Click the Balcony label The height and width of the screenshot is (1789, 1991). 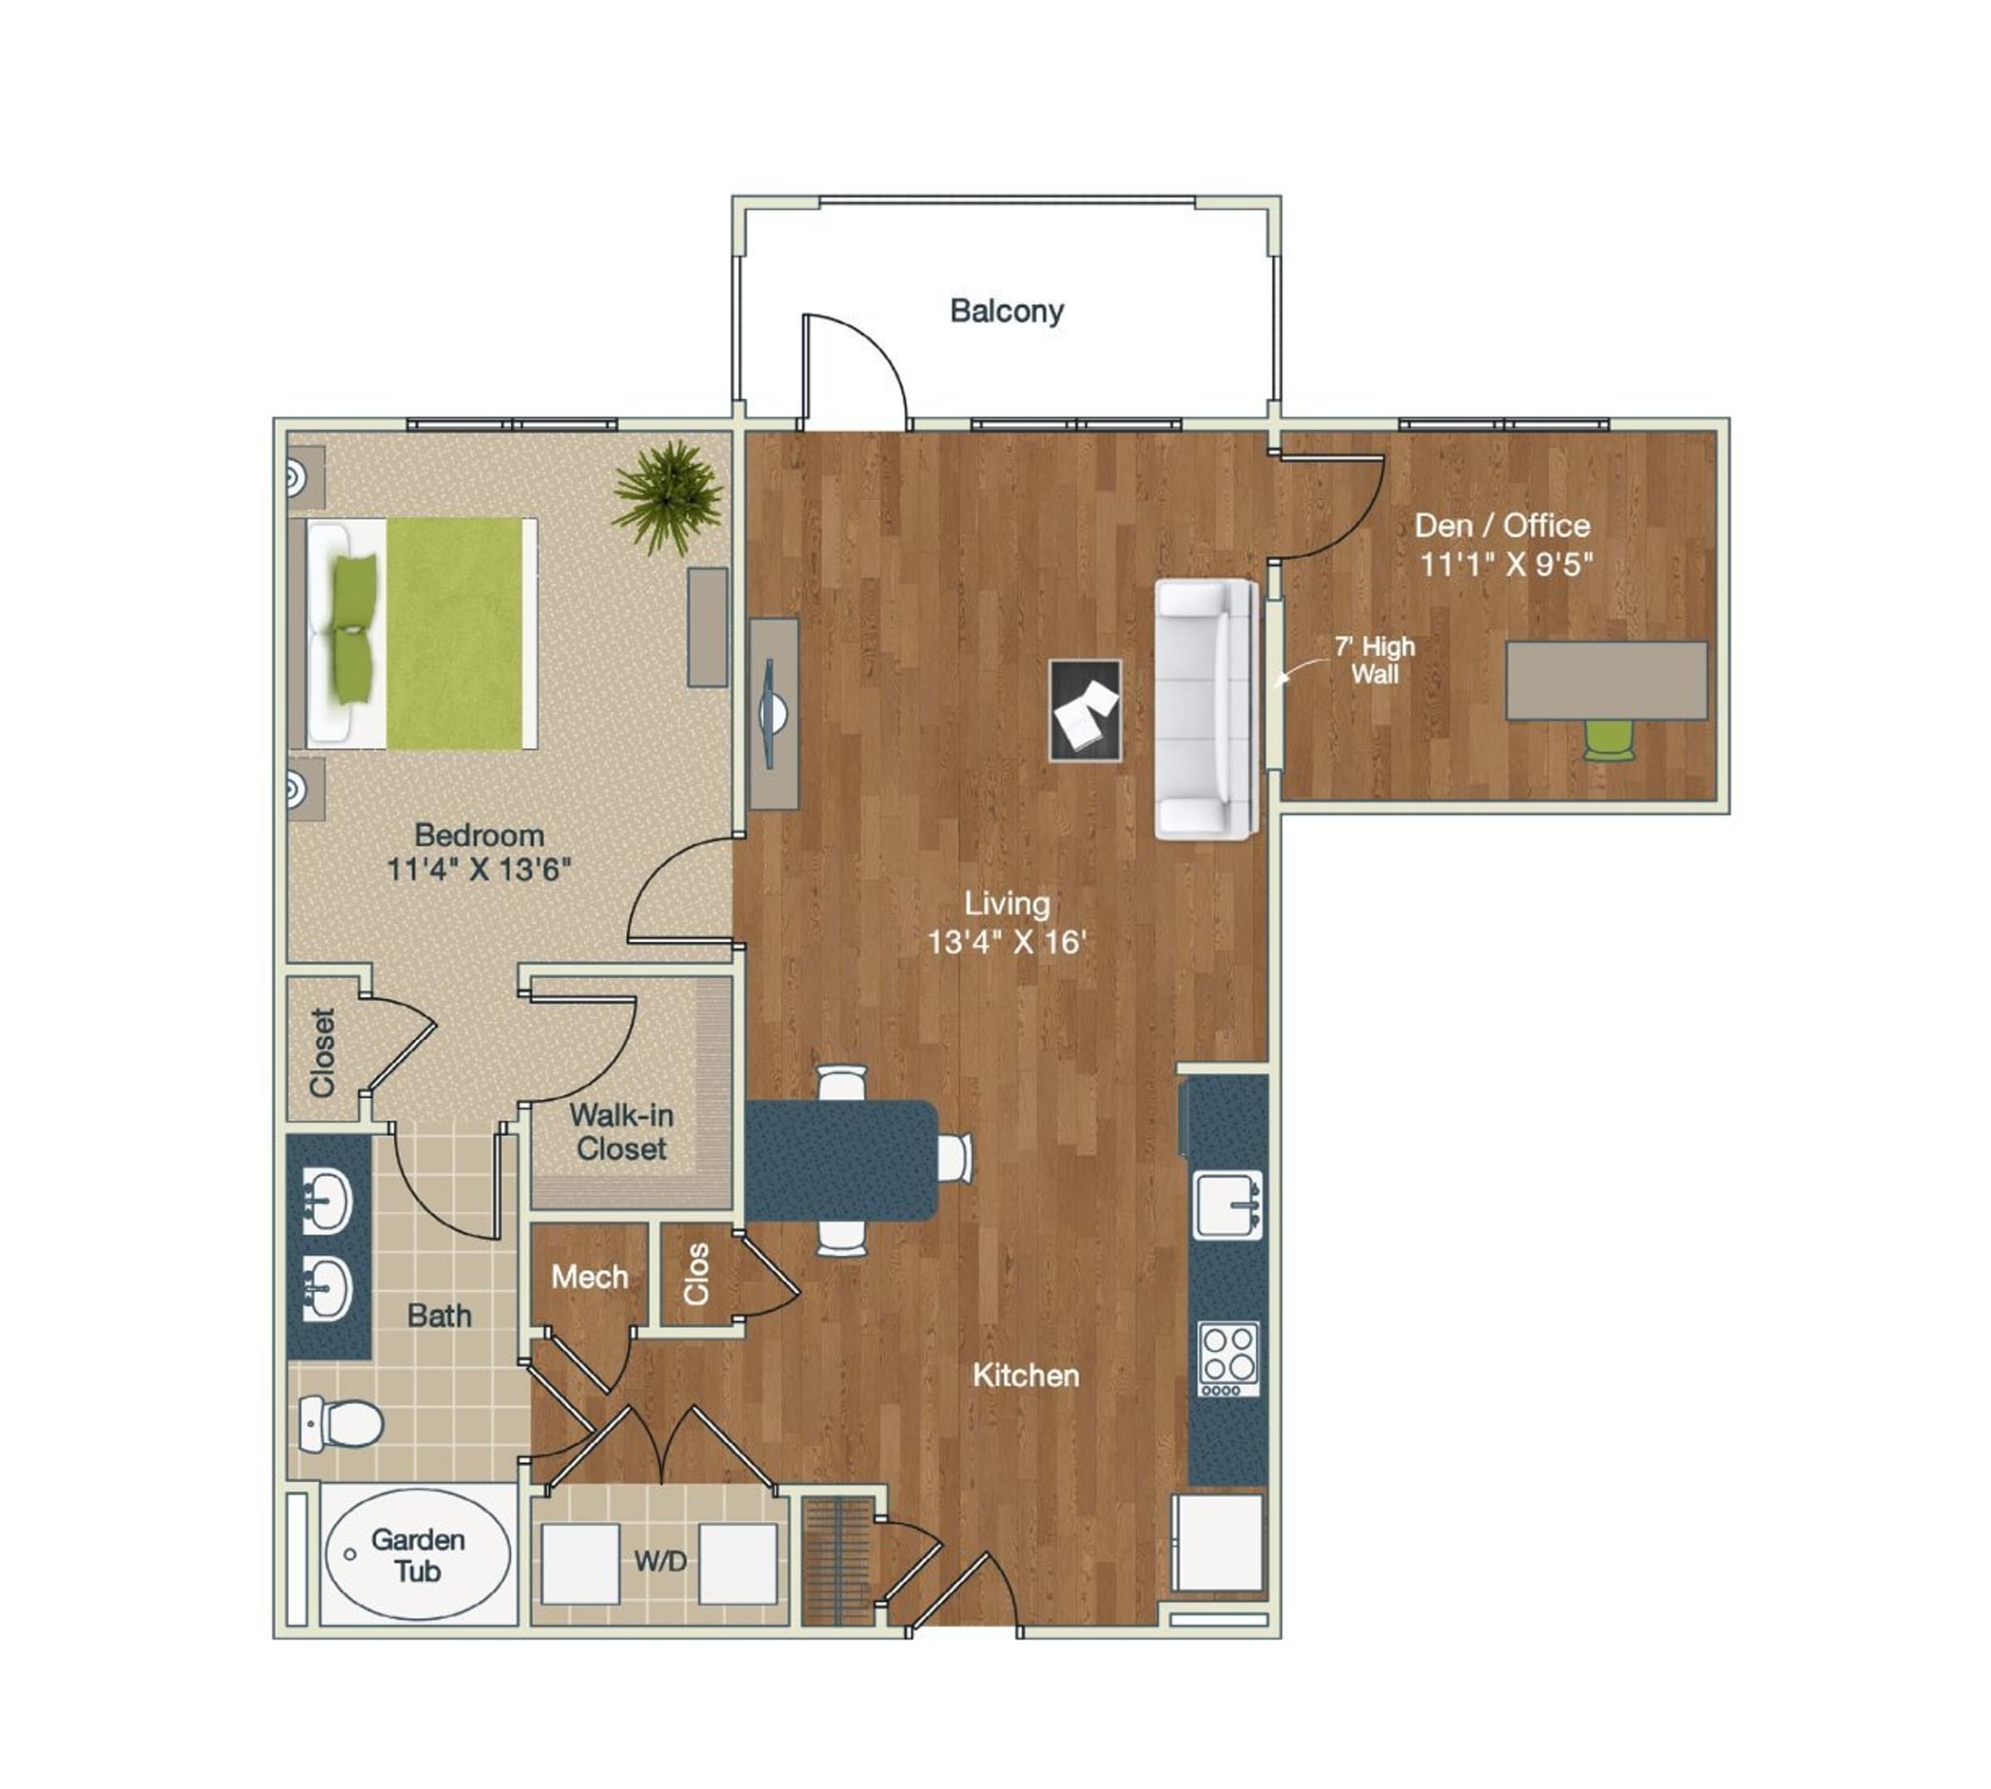(1005, 311)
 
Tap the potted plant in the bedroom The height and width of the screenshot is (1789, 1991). (668, 494)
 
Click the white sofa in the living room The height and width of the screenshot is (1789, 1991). (1205, 707)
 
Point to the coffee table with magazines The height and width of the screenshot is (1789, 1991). (1084, 710)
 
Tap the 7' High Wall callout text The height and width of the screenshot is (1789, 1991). (1374, 659)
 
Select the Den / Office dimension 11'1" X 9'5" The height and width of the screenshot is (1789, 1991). (1504, 564)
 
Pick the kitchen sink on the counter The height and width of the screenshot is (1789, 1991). (1227, 1205)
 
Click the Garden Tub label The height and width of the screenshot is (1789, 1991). (418, 1555)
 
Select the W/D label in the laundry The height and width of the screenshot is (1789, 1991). (660, 1560)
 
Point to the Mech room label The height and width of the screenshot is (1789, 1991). (589, 1277)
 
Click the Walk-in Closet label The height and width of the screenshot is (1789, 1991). (621, 1131)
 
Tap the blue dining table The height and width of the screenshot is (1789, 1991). (840, 1159)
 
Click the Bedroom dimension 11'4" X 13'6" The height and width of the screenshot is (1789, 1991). (479, 869)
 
